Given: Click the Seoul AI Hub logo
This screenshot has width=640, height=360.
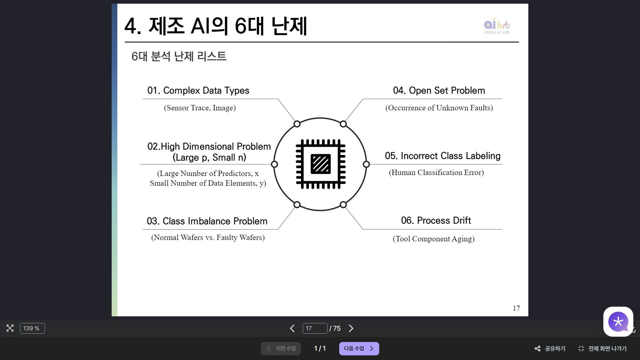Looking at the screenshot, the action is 497,26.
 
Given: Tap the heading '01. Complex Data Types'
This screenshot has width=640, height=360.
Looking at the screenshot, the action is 198,90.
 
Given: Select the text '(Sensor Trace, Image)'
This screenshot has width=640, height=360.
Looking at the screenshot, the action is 200,108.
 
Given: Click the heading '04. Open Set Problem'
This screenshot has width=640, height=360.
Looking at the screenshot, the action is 439,90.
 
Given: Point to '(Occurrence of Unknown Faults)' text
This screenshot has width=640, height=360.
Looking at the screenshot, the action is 439,108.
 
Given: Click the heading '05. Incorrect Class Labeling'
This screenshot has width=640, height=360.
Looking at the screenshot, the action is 442,156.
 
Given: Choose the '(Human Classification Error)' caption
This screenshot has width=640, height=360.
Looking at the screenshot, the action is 436,172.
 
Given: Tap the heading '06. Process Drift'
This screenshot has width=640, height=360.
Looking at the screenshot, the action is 436,220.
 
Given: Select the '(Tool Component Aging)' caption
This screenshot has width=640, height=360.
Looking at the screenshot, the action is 433,239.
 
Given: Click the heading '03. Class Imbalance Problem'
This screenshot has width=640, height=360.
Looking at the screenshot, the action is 207,221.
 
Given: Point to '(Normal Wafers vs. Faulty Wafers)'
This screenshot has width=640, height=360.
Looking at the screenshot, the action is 208,237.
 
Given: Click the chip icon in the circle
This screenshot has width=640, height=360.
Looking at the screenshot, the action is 320,164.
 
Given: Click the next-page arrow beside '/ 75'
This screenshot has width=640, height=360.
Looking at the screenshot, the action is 351,328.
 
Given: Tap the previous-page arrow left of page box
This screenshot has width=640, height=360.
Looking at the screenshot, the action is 292,328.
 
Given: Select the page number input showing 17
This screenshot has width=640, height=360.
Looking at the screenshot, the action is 315,328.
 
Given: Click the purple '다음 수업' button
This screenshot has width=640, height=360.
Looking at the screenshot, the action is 359,348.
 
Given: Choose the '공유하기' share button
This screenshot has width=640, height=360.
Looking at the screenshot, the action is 550,348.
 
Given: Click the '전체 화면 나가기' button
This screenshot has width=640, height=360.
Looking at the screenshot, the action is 602,348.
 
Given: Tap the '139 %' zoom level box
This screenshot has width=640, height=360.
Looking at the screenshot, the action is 32,328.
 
